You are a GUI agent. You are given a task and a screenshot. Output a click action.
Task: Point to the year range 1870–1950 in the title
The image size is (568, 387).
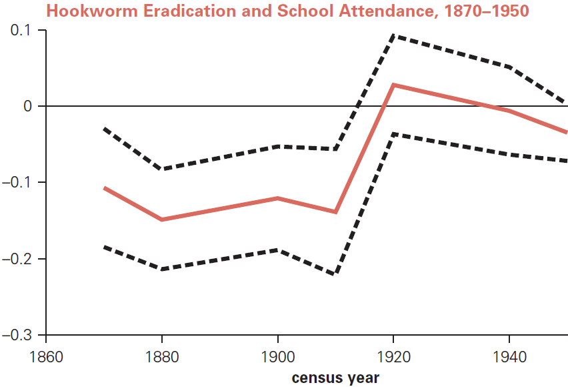coord(481,11)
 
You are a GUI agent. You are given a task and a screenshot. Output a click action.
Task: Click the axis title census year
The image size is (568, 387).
coord(335,378)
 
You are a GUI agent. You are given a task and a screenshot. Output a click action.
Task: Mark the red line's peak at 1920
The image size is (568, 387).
coord(393,85)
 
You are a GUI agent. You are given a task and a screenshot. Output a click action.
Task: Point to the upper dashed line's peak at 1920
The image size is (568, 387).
coord(393,35)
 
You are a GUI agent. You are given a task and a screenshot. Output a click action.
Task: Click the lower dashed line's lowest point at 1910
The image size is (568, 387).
coord(335,274)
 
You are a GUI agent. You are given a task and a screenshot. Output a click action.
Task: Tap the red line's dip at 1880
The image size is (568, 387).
coord(162,220)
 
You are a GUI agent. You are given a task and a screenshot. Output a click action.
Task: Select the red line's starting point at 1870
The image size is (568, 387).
coord(105,188)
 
